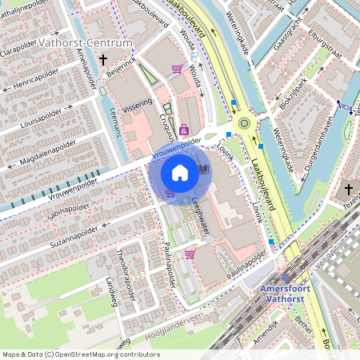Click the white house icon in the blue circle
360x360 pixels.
[180, 172]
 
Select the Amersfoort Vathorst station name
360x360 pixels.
[295, 292]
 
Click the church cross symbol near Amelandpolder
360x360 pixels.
[102, 59]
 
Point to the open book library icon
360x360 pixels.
[203, 170]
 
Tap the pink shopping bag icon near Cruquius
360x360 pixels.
[184, 129]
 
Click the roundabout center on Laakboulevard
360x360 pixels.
[243, 123]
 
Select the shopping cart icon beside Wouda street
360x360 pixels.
[176, 69]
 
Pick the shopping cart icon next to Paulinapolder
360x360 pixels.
[190, 254]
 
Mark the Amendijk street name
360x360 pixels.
[289, 330]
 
